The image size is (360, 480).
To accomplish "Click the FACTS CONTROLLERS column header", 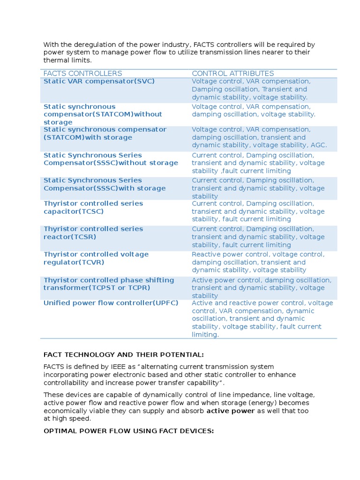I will tap(82, 74).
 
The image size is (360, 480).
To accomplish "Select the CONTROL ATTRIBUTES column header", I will tap(232, 74).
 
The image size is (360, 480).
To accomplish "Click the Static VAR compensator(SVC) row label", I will tap(99, 81).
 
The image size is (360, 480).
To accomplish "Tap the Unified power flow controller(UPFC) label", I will tap(111, 303).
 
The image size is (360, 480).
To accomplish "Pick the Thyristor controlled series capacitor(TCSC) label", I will tap(93, 207).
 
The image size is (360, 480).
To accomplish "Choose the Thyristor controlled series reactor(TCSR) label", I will tap(93, 233).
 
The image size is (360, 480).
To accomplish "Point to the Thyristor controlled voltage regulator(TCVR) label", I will tap(96, 258).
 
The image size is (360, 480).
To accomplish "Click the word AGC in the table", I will tap(319, 145).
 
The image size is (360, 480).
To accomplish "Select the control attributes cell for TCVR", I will tap(258, 262).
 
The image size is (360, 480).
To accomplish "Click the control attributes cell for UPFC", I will tap(262, 319).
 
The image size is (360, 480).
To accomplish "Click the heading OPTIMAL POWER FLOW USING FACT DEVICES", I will tap(128, 431).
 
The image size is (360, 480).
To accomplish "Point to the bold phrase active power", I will tap(231, 411).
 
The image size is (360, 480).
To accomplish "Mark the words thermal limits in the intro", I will tap(67, 60).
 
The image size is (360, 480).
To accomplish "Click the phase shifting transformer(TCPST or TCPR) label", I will tap(108, 284).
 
